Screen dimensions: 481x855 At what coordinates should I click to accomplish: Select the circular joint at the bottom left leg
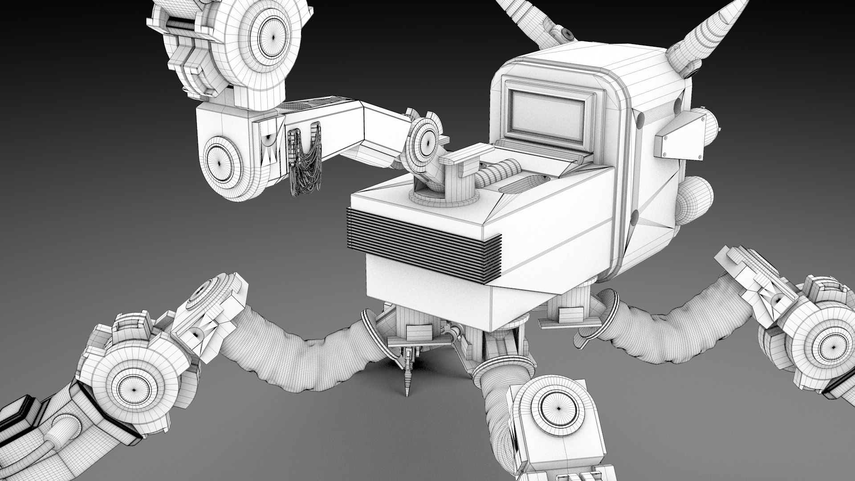[x=134, y=387]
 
